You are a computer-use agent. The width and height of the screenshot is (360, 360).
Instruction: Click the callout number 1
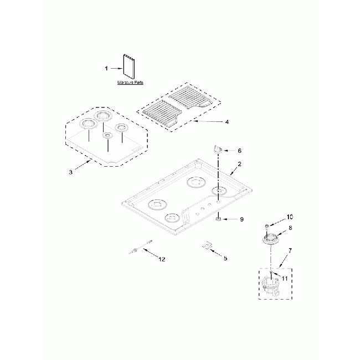pyautogui.click(x=106, y=68)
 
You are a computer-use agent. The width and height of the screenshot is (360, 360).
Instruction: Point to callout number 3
pyautogui.click(x=71, y=172)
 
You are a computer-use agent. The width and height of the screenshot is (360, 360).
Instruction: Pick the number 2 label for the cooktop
pyautogui.click(x=239, y=164)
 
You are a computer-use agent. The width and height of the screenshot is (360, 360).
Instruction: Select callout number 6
pyautogui.click(x=239, y=150)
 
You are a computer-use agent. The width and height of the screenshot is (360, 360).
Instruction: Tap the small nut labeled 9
pyautogui.click(x=219, y=219)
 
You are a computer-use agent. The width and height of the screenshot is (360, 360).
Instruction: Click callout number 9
pyautogui.click(x=241, y=219)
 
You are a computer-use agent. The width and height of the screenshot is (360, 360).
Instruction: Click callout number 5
pyautogui.click(x=225, y=258)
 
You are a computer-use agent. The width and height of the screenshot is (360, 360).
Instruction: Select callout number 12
pyautogui.click(x=162, y=259)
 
